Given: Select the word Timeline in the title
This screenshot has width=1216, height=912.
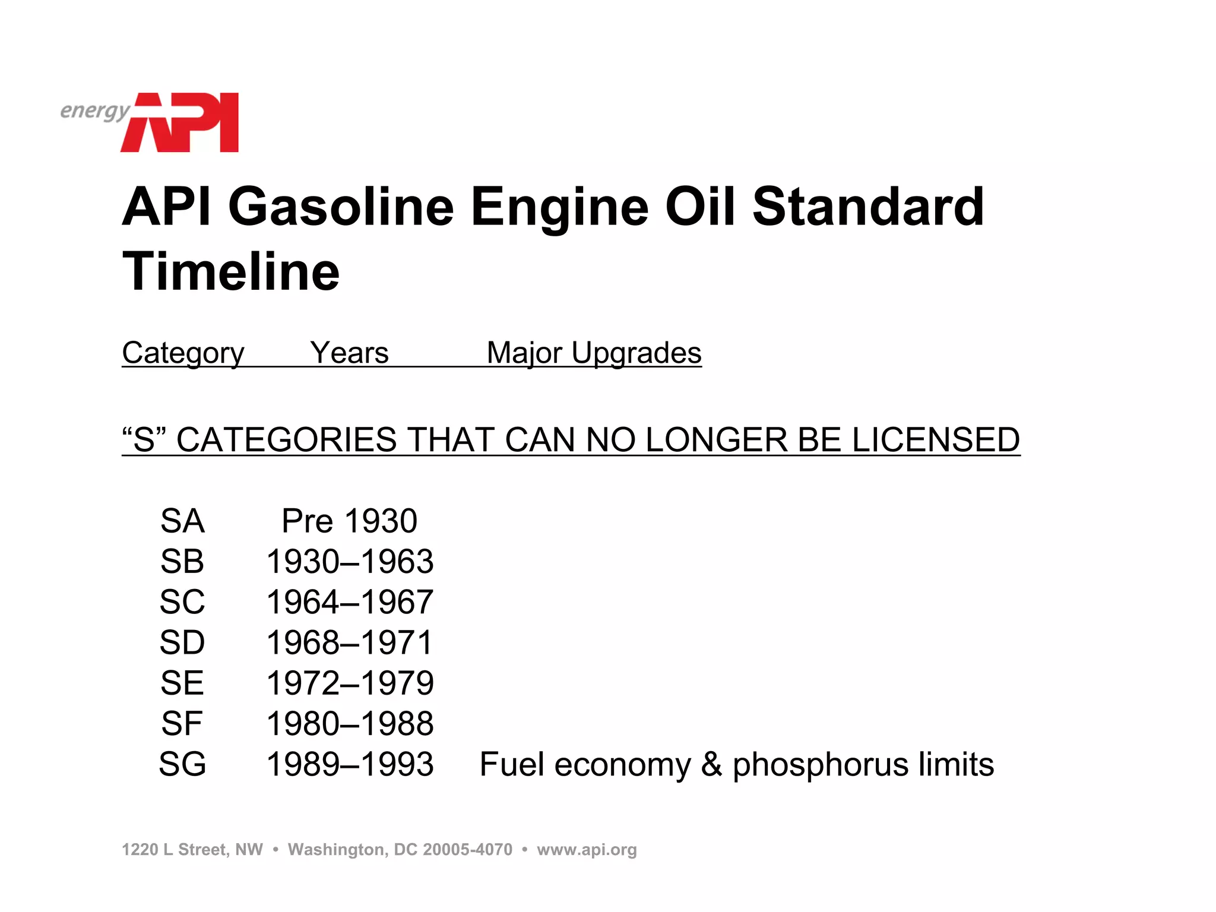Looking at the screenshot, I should (231, 271).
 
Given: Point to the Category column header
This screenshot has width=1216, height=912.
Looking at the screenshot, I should (183, 353).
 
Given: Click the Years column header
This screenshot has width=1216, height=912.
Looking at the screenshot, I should (349, 353).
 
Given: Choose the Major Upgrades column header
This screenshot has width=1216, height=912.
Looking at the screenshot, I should (594, 353).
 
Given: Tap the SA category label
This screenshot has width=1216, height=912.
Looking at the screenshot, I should (182, 521).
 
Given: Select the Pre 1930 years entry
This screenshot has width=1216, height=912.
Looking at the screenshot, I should (349, 521).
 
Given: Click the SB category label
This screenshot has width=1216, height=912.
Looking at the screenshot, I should (182, 562).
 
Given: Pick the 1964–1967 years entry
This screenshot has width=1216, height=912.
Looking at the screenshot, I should (350, 602).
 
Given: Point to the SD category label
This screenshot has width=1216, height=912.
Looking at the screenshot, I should (182, 642).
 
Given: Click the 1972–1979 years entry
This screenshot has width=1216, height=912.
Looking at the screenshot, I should (350, 683).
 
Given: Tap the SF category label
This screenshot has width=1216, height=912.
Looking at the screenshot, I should (182, 724).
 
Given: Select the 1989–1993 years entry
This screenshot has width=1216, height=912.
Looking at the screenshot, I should (350, 764).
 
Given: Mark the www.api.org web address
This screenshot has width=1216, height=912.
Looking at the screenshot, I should (587, 850).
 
